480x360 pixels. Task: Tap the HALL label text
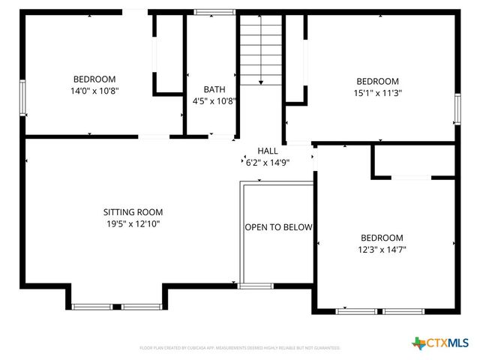click(x=268, y=151)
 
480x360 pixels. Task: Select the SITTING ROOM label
click(x=133, y=212)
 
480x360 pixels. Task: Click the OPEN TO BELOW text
click(x=278, y=227)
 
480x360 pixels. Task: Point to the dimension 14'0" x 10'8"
click(x=94, y=90)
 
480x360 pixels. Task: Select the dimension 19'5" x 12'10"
click(x=133, y=223)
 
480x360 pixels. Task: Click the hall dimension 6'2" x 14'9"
click(x=268, y=162)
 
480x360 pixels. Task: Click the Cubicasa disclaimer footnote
click(x=240, y=348)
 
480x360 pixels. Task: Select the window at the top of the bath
click(x=209, y=12)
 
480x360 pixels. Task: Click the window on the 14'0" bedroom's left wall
click(x=22, y=97)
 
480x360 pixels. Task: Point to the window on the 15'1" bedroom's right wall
click(x=457, y=109)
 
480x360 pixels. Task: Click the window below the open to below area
click(x=256, y=286)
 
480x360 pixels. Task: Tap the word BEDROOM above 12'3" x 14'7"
click(x=382, y=238)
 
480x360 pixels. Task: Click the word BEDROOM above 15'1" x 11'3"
click(x=377, y=81)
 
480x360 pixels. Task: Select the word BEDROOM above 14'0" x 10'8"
click(x=94, y=79)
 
